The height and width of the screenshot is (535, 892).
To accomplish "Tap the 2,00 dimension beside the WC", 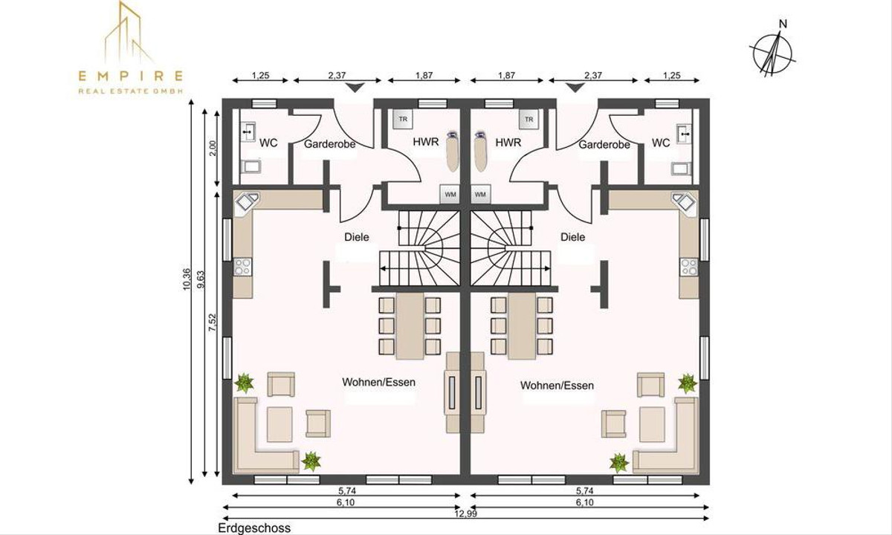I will pos(213,148).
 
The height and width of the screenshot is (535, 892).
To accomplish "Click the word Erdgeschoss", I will pos(254,528).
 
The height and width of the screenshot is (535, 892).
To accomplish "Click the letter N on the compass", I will pos(782,24).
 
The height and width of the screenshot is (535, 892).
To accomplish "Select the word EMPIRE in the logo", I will pos(131,74).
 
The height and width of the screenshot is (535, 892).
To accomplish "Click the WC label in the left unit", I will pos(268,143).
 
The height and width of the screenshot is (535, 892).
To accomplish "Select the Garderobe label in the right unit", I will pos(604,145).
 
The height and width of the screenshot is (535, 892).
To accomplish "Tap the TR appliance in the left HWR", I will pos(403,119).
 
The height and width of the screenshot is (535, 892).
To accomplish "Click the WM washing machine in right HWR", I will pos(480,194).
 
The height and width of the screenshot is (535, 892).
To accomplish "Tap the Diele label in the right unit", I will pos(572,237).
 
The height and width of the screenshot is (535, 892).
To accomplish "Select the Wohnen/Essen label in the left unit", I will pos(378,383).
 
